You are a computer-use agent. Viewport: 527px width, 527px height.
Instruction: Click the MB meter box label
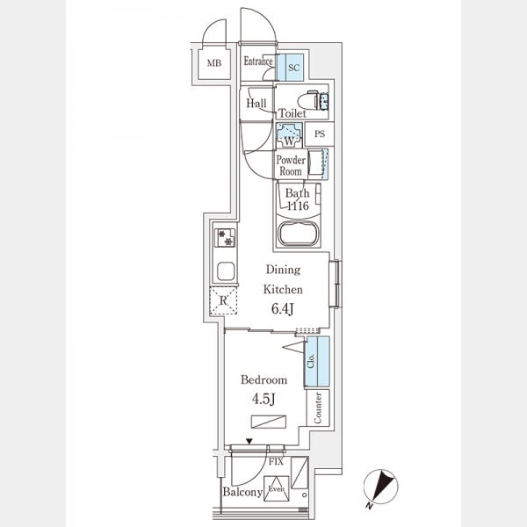(214, 63)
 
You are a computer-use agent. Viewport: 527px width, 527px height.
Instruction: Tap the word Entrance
(257, 61)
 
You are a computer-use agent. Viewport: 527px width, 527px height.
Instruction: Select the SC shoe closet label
(293, 68)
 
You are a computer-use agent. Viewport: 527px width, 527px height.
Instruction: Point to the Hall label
(256, 103)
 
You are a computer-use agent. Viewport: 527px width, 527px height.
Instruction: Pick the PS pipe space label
(320, 134)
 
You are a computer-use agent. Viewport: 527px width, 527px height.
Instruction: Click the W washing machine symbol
(289, 135)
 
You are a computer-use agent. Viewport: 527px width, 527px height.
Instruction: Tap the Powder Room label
(291, 165)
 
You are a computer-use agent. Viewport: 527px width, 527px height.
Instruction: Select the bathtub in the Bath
(298, 234)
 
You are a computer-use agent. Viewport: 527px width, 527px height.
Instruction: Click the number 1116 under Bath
(298, 206)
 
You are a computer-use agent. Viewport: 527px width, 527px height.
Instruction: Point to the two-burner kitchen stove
(225, 238)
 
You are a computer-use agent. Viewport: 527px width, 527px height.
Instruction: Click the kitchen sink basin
(226, 271)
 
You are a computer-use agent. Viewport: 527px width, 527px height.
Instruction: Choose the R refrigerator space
(223, 300)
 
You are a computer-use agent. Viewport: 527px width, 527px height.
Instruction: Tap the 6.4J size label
(283, 309)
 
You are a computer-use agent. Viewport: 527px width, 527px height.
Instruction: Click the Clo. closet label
(311, 361)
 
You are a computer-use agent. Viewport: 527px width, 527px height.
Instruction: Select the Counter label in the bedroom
(317, 408)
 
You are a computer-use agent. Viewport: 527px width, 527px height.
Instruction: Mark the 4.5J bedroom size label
(263, 399)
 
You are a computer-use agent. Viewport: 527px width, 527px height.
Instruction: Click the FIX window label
(276, 462)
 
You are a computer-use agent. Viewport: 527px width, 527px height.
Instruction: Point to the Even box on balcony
(277, 488)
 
